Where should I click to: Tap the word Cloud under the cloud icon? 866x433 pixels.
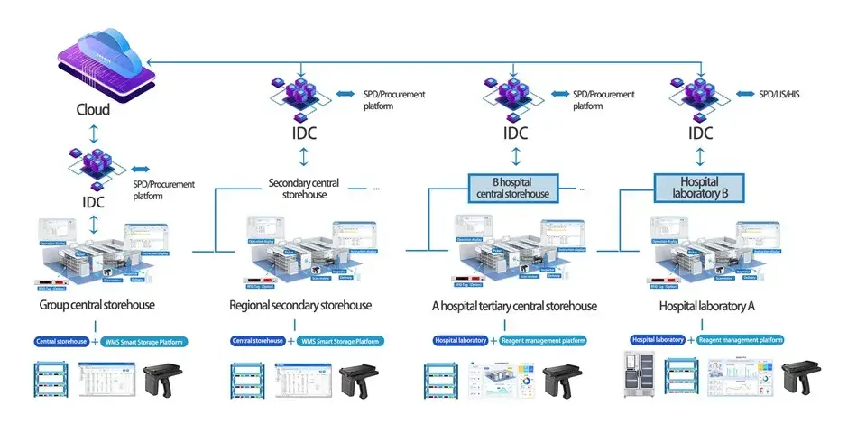click(x=93, y=109)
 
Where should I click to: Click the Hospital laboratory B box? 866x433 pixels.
click(x=700, y=188)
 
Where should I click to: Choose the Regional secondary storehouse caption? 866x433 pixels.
click(x=300, y=306)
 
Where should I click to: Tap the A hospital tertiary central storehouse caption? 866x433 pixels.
click(x=514, y=306)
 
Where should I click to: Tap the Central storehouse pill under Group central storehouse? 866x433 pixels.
click(x=62, y=341)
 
